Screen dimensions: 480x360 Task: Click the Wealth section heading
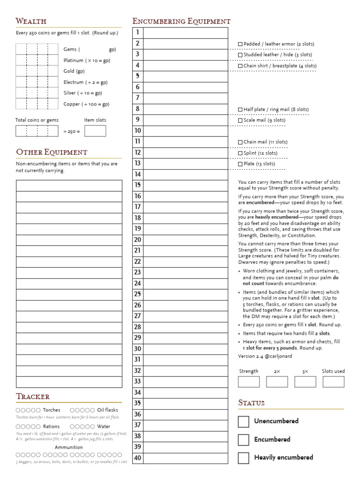tap(31, 21)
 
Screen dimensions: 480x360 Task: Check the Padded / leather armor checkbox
tap(240, 44)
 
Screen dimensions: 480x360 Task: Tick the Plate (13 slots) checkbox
tap(240, 164)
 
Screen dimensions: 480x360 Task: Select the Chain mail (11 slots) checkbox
tap(240, 142)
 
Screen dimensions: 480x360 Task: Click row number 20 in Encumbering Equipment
tap(137, 240)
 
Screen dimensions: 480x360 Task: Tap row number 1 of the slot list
tap(137, 33)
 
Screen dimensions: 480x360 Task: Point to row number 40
tap(137, 458)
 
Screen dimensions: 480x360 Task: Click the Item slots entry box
tap(95, 131)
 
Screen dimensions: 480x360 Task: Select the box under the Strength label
tap(248, 382)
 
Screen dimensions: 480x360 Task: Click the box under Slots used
tap(333, 382)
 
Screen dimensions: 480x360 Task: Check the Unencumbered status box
tap(243, 421)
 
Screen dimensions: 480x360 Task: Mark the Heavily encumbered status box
tap(243, 457)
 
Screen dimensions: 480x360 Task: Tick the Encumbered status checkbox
tap(243, 440)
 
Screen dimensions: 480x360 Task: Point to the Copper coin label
tap(86, 104)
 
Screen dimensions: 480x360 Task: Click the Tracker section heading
tap(33, 397)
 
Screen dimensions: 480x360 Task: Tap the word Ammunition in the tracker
tap(68, 447)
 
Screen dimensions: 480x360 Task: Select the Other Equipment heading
tap(52, 152)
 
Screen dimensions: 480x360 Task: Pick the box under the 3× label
tap(305, 382)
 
